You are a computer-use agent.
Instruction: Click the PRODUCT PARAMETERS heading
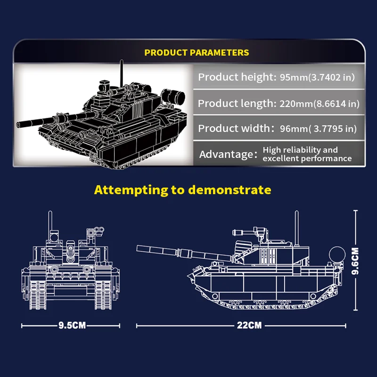tap(197, 53)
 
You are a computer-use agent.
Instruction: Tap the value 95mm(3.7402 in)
tap(317, 77)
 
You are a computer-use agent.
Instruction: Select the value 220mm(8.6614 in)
tap(320, 104)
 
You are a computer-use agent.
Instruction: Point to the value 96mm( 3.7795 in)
tap(318, 129)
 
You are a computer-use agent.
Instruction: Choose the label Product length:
tap(237, 103)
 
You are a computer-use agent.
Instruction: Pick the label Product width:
tap(236, 128)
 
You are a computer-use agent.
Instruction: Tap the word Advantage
tap(226, 155)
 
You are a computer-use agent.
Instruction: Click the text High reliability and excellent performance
tap(307, 154)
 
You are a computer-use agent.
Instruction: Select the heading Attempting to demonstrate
tap(183, 190)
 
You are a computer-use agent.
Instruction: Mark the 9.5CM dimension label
tap(72, 325)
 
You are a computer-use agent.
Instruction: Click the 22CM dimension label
tap(249, 325)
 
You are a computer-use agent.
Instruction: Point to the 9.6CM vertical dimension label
tap(355, 261)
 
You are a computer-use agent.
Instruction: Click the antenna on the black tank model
tap(122, 73)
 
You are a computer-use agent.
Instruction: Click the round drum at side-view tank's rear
tap(337, 255)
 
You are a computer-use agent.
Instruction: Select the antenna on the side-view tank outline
tap(297, 229)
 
